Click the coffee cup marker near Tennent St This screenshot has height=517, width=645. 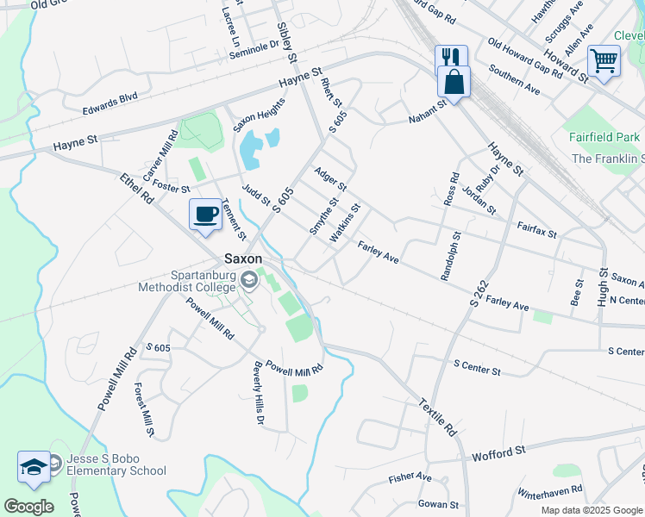pos(206,214)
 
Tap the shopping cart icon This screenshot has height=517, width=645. pos(604,60)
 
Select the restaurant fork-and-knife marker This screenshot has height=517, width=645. pos(451,58)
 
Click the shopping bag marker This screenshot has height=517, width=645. pos(454,82)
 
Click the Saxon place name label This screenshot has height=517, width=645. pos(242,258)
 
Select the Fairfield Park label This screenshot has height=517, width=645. pos(604,137)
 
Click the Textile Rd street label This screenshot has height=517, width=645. pos(437,415)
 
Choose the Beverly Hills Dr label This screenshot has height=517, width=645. pos(257,392)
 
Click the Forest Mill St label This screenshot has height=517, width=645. pos(144,408)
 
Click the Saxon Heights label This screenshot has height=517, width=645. pos(259,113)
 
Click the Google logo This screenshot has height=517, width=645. pos(29,507)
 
